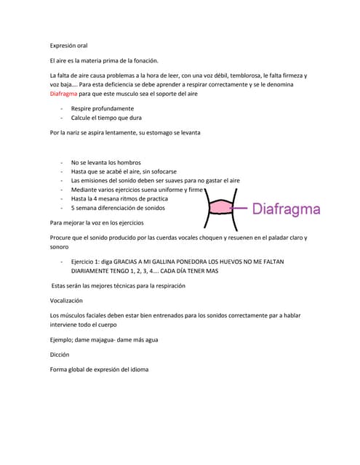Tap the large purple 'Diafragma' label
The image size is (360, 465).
coord(287,210)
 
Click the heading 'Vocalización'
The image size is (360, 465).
coord(66,300)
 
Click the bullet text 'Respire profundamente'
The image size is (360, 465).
coord(103,108)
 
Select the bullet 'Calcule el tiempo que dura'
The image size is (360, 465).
coord(106,118)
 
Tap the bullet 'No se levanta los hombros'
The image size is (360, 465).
coord(106,162)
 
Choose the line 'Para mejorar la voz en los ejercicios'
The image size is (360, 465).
coord(97,222)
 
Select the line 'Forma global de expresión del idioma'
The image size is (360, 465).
coord(99,369)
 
